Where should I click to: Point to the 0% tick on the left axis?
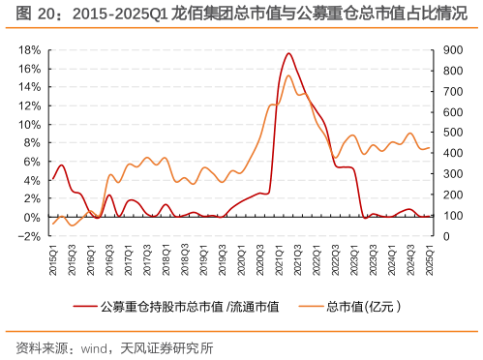pos(30,218)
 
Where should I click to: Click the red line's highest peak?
pos(288,53)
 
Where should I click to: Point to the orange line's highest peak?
pos(288,75)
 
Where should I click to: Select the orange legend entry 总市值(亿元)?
pos(363,308)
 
